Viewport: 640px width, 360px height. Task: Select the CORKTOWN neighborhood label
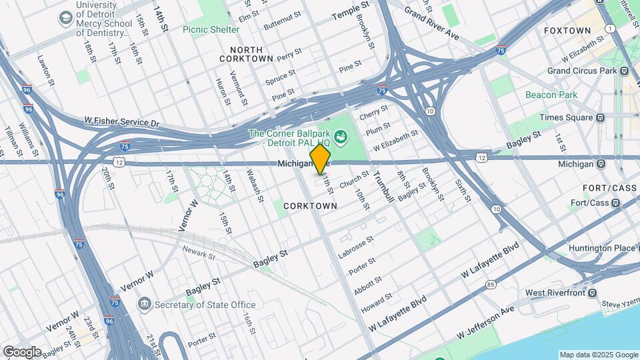click(310, 206)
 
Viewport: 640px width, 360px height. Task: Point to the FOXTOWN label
click(567, 31)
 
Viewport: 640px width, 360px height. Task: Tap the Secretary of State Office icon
click(144, 305)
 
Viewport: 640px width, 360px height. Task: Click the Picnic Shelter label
click(211, 29)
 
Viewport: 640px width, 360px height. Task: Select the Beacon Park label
click(551, 95)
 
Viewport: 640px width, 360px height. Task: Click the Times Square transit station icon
click(600, 117)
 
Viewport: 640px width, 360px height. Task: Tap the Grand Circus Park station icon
click(623, 70)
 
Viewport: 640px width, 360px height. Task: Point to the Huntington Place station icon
click(629, 248)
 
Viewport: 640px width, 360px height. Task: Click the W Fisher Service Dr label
click(122, 122)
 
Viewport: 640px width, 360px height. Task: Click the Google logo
click(21, 351)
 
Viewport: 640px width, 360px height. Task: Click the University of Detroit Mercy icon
click(67, 17)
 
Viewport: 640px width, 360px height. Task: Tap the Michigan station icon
click(600, 163)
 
